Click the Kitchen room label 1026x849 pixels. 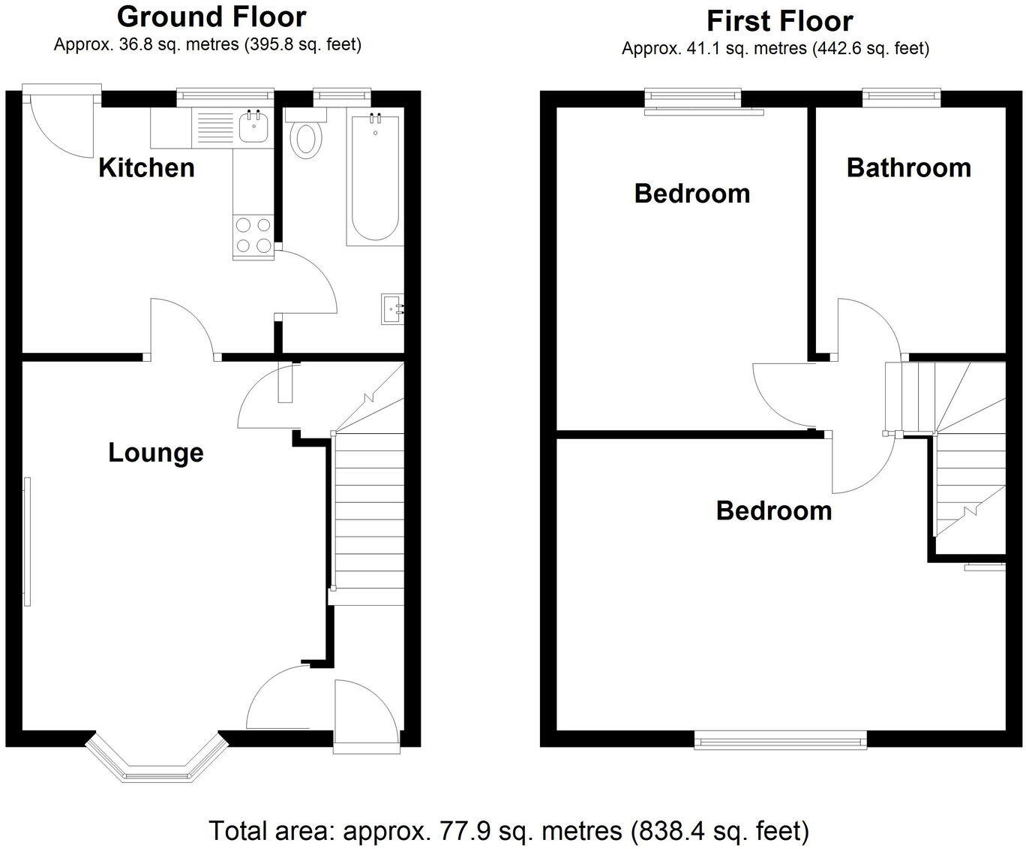click(x=146, y=167)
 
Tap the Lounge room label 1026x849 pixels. click(x=156, y=453)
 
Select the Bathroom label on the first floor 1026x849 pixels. click(x=908, y=167)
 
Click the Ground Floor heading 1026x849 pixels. click(x=211, y=17)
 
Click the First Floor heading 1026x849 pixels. click(x=779, y=20)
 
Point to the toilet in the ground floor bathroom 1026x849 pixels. click(x=305, y=137)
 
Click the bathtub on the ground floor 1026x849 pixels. click(x=375, y=176)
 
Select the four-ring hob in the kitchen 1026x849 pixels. click(x=253, y=235)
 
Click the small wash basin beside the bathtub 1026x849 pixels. click(x=392, y=309)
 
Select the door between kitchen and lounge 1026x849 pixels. click(x=184, y=327)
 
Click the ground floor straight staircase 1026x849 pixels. click(x=368, y=518)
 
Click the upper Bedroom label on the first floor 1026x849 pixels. click(x=691, y=194)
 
